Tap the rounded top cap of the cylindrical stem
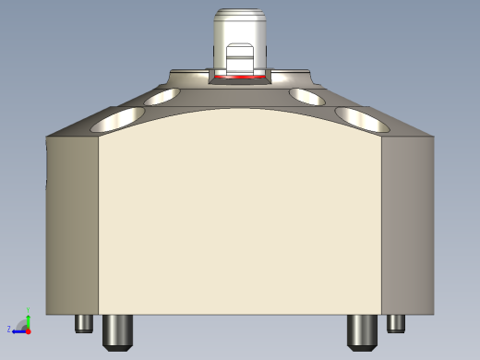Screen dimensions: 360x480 239,15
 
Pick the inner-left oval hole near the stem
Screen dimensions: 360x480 163,95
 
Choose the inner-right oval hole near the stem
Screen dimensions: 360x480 308,95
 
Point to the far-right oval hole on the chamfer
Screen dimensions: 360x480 360,117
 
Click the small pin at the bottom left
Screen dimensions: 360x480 84,323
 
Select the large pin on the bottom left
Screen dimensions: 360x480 116,330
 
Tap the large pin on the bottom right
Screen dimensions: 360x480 360,330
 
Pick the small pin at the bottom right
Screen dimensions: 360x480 396,323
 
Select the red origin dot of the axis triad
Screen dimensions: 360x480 28,329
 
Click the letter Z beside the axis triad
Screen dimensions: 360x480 9,329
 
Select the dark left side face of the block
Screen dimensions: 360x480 72,222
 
